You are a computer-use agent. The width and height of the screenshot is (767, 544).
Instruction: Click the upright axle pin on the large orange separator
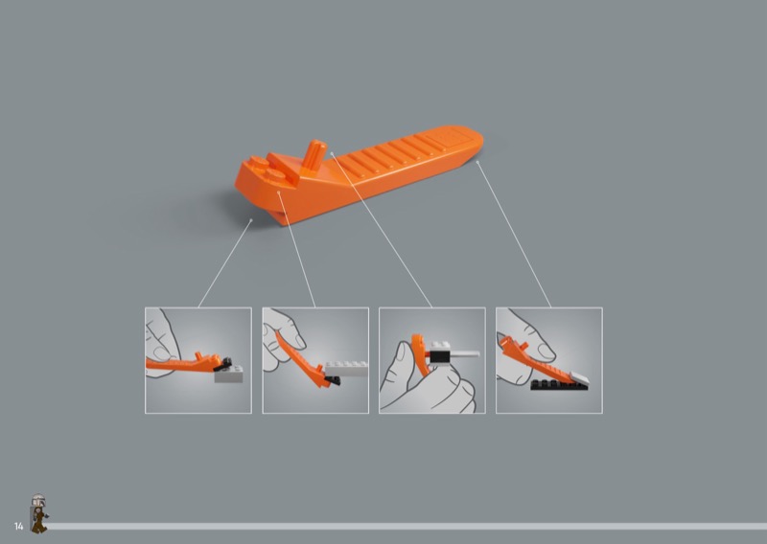[314, 155]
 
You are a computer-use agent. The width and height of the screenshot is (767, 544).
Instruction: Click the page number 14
[18, 527]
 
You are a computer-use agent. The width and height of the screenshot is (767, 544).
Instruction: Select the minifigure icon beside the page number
[38, 513]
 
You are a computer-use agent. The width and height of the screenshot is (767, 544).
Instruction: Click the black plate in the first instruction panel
[224, 363]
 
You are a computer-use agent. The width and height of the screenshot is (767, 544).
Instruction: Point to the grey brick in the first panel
[228, 374]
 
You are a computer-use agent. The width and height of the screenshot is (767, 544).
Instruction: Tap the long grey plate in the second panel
[346, 369]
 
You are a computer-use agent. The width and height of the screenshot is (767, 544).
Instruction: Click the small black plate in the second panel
[332, 380]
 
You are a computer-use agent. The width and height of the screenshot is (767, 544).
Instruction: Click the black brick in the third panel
[439, 356]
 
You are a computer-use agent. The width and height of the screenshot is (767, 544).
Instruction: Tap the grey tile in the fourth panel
[579, 376]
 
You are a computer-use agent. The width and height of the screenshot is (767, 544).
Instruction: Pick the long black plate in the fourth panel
[559, 385]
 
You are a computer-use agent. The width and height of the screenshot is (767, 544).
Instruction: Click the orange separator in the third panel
[419, 353]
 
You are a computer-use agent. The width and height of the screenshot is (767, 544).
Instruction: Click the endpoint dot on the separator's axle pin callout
[332, 153]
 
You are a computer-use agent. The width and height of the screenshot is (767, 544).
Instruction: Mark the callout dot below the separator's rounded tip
[477, 162]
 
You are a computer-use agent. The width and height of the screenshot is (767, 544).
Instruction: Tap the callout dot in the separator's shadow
[251, 220]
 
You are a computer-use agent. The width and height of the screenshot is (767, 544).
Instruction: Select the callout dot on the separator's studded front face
[278, 193]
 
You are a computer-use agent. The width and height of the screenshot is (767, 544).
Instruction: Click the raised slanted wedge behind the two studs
[284, 167]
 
